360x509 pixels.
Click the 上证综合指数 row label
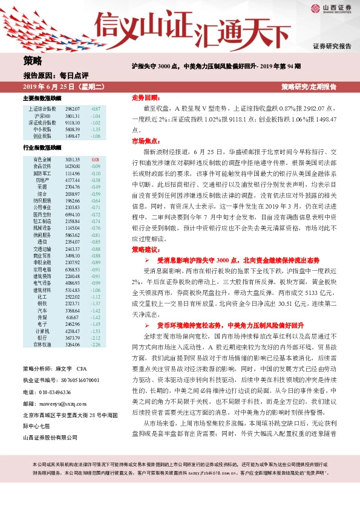(x=42, y=108)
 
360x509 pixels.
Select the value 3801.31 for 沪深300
(x=72, y=115)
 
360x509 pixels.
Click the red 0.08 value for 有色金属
(x=95, y=159)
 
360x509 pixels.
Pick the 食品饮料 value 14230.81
(x=72, y=166)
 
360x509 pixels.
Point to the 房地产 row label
(x=42, y=180)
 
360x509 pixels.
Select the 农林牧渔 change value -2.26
(x=95, y=346)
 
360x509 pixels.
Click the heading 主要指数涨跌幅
(x=42, y=97)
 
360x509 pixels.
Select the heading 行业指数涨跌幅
(x=42, y=147)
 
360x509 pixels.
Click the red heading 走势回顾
(x=146, y=97)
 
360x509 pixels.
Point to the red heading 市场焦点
(x=146, y=140)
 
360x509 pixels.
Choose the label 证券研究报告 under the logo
(x=332, y=46)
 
